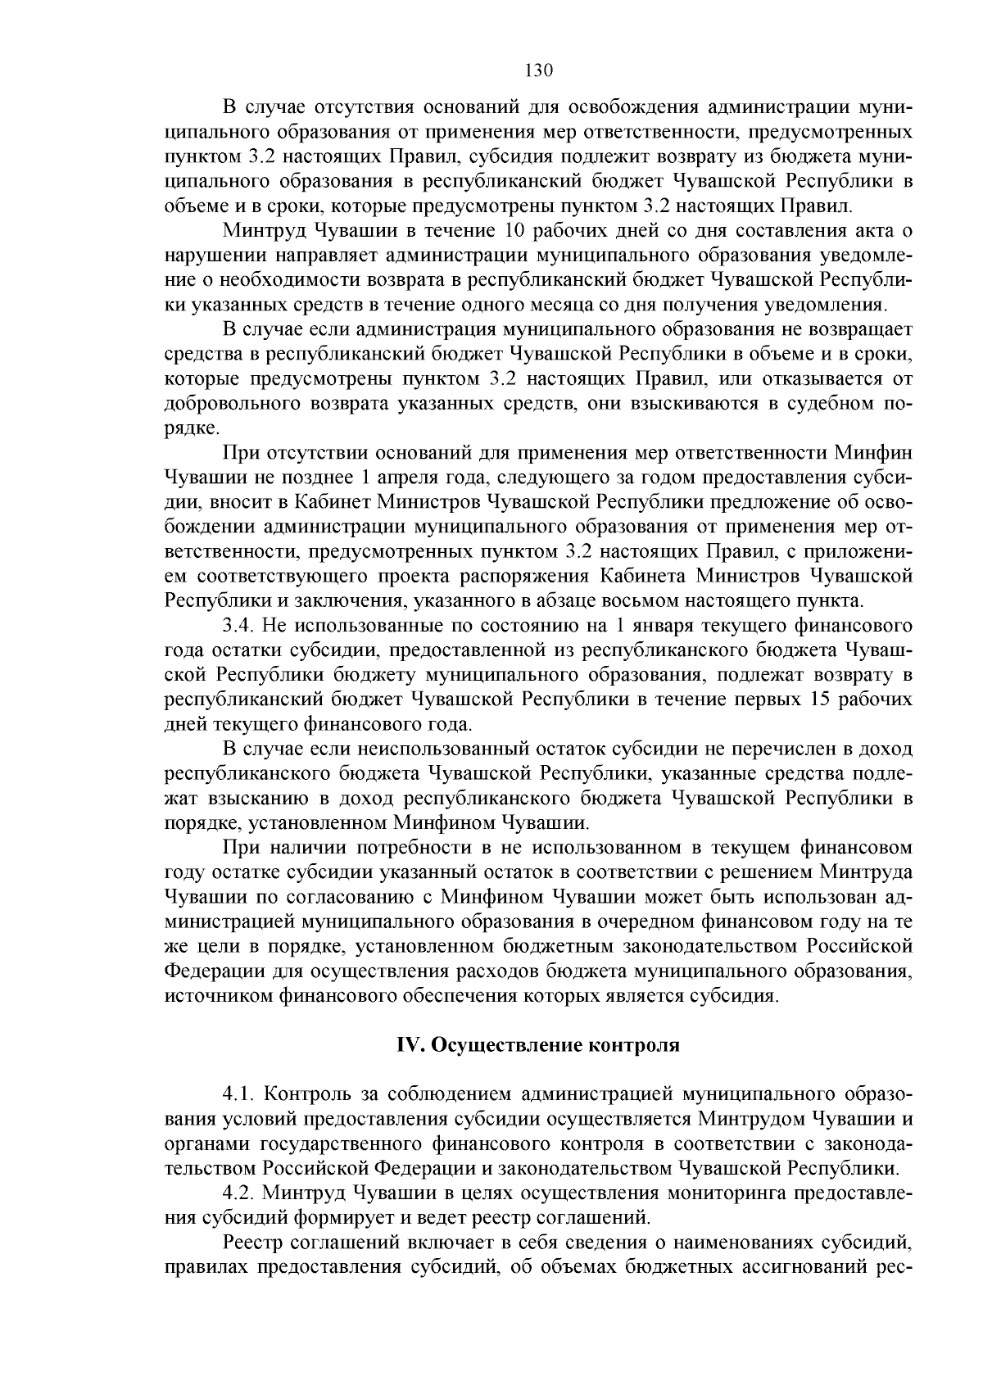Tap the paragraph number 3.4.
pos(238,627)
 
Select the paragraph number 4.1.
pos(238,1094)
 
